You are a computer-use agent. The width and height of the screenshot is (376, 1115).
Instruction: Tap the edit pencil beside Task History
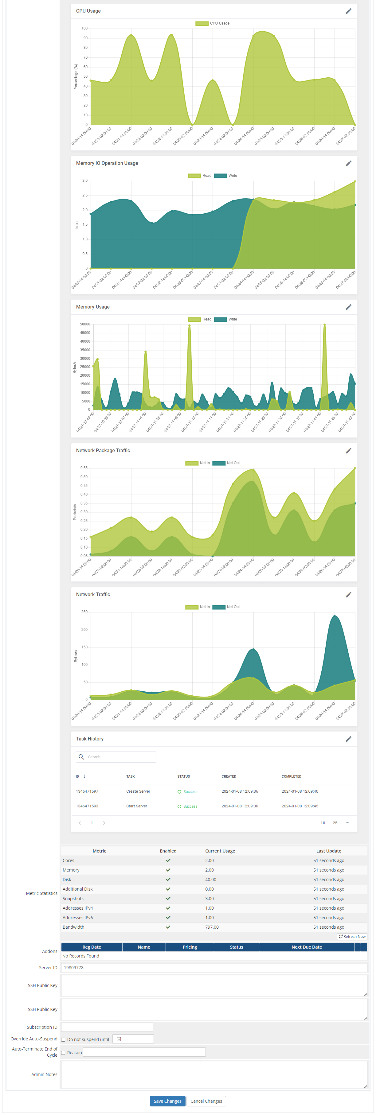[348, 739]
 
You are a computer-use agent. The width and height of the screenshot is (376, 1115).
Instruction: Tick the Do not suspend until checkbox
[63, 1039]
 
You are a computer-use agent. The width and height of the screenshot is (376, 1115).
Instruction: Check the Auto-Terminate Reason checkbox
[63, 1053]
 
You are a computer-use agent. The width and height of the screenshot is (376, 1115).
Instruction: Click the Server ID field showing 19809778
[214, 967]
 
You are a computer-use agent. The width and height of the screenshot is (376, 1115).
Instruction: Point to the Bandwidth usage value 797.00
[212, 927]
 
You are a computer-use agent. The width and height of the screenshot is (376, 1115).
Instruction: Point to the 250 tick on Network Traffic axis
[84, 612]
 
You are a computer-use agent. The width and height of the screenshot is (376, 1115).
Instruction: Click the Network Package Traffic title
[103, 451]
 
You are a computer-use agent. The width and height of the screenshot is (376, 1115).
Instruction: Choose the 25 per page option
[335, 823]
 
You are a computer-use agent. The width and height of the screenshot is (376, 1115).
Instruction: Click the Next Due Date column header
[306, 947]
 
